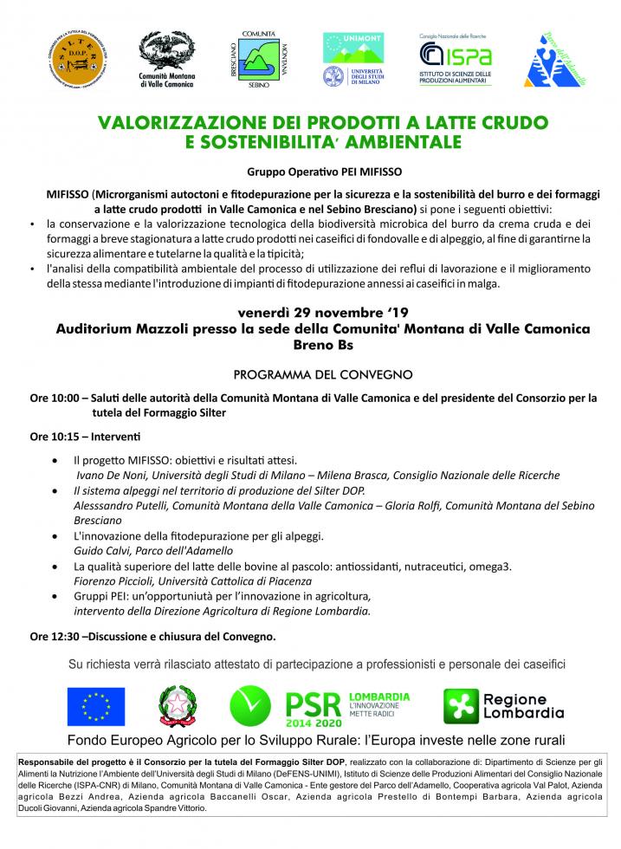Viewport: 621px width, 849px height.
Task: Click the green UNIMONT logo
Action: [353, 47]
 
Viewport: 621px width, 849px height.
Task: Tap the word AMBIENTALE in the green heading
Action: [404, 139]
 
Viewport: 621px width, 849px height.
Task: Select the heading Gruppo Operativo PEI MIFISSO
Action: [310, 172]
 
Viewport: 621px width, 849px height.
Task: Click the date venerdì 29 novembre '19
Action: [310, 314]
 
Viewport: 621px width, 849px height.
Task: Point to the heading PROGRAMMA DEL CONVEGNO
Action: [310, 375]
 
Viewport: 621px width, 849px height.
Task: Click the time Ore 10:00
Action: [53, 399]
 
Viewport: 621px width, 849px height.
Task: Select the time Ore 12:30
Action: [53, 637]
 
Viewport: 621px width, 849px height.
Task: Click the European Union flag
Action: [96, 706]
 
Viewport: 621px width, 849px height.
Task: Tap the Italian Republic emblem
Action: [178, 706]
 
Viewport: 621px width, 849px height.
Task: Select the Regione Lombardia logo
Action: [504, 706]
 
